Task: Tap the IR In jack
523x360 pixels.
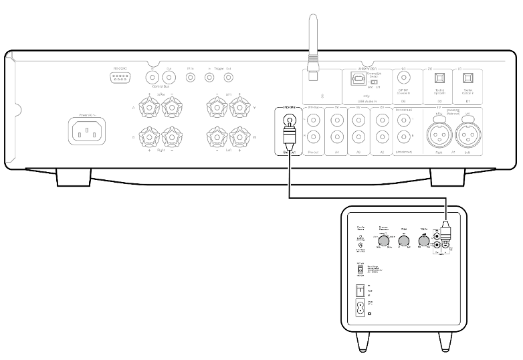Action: coord(190,78)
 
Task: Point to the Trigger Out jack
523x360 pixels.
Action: coord(229,78)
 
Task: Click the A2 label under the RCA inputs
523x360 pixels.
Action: coord(381,151)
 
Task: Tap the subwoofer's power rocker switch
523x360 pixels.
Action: coord(360,291)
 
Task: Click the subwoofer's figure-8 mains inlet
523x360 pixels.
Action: coord(360,310)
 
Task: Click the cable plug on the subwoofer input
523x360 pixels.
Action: coord(445,232)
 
